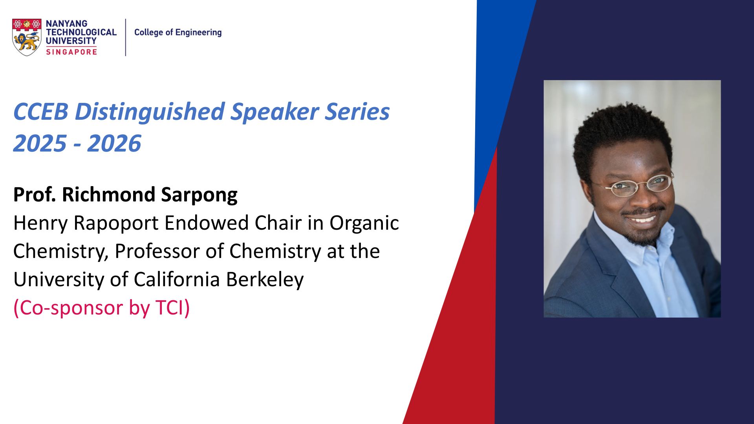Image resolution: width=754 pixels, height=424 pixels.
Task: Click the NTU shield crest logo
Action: coord(27,37)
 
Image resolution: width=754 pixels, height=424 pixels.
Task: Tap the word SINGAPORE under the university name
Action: coord(71,52)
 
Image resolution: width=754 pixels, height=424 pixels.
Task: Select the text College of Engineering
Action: coord(178,33)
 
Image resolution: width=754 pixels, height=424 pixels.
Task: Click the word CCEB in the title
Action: coord(41,111)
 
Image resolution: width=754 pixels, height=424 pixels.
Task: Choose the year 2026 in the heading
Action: coord(114,143)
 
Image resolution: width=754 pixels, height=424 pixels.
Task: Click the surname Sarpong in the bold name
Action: coord(199,195)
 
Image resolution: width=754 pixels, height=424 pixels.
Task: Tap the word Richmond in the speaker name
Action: coord(108,194)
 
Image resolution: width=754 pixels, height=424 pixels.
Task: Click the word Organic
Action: coord(364,224)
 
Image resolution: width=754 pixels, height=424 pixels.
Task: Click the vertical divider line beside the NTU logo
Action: coord(126,37)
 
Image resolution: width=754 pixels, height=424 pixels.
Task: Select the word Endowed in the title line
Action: coord(207,223)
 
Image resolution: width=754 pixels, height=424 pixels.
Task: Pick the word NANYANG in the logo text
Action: coord(66,24)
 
